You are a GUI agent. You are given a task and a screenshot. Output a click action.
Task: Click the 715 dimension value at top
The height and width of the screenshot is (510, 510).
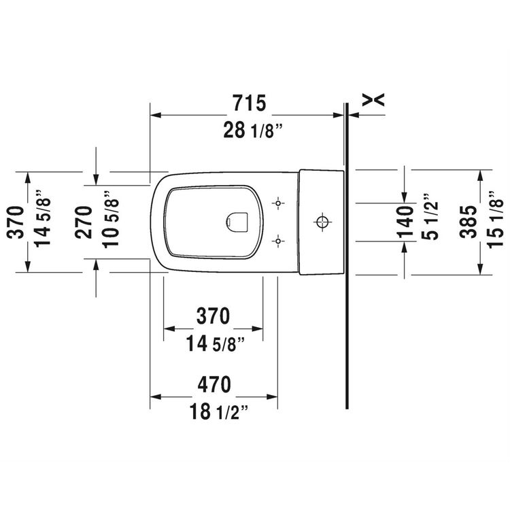tap(248, 103)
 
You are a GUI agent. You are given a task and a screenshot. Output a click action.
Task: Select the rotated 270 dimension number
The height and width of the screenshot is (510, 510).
tap(84, 222)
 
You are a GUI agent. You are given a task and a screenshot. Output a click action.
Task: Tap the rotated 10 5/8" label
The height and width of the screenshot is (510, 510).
tap(110, 222)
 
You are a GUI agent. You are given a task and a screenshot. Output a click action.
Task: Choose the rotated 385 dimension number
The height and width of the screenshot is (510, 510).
tap(468, 222)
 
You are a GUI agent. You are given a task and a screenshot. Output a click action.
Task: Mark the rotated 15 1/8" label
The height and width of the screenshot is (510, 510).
tap(494, 222)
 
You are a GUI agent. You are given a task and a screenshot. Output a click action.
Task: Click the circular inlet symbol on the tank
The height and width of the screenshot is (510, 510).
tap(321, 222)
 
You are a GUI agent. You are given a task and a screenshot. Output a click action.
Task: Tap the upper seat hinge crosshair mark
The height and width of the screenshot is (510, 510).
tap(277, 203)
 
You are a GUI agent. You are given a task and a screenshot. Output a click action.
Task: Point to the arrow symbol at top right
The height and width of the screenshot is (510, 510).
tap(374, 101)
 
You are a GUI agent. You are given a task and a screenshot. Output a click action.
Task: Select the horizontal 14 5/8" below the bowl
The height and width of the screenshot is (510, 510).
tap(214, 343)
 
